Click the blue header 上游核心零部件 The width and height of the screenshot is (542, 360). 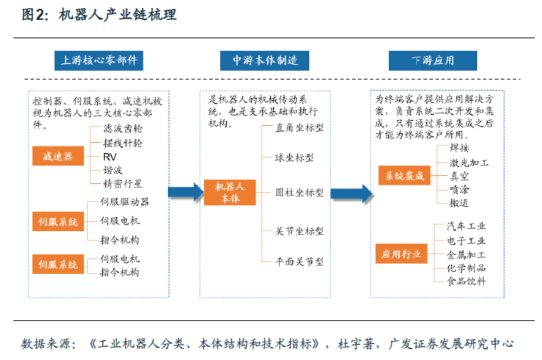point(99,61)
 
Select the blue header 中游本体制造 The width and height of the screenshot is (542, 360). point(265,61)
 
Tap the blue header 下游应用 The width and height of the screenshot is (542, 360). point(433,61)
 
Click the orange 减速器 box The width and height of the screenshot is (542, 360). point(58,156)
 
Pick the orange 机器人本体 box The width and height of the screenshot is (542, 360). point(230,192)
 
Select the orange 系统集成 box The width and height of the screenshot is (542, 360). point(404,175)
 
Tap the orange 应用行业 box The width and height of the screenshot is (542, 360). point(401,254)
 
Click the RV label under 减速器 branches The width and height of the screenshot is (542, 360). point(110,157)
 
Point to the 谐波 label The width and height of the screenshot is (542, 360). point(113,170)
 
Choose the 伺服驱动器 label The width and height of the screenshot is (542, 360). point(124,202)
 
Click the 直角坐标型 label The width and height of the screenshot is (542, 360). point(299,128)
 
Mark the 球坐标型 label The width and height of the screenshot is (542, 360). point(294,158)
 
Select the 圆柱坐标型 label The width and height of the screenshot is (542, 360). point(299,192)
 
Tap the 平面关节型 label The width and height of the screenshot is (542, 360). point(299,261)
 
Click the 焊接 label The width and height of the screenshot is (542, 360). point(460,148)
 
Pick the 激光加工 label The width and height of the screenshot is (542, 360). point(469,163)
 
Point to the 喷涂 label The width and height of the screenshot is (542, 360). point(460,189)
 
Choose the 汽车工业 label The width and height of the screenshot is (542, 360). point(466,226)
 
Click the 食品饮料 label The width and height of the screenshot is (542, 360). point(466,281)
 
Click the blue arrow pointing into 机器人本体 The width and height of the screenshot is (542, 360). point(186,192)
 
